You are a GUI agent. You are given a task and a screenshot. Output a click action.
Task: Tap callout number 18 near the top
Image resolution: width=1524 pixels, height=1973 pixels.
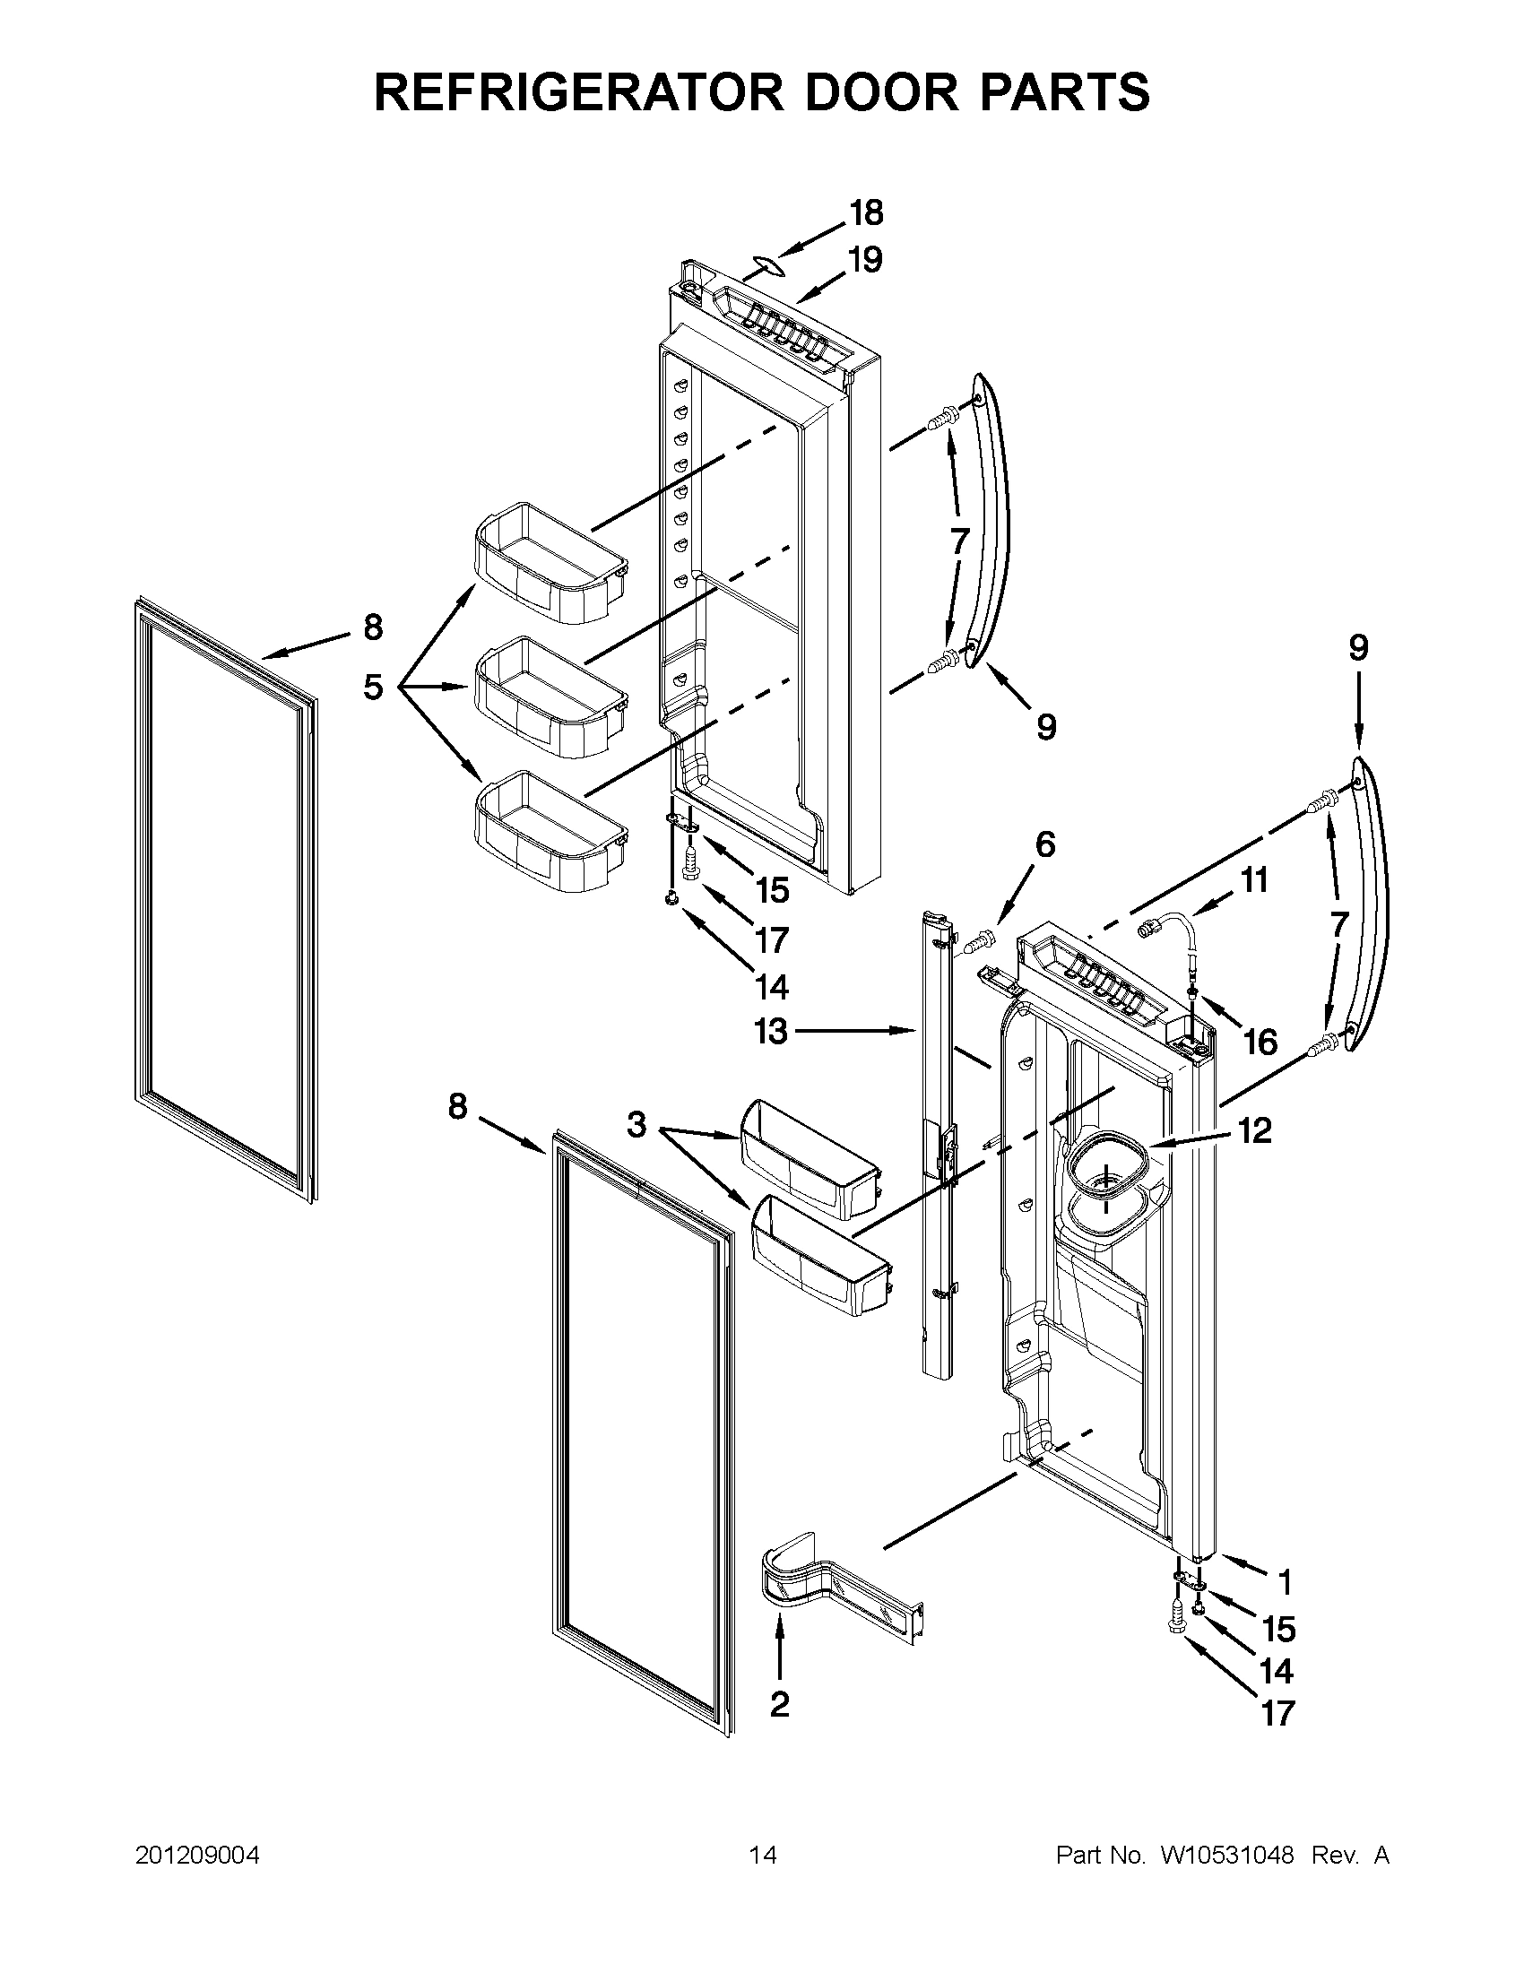pyautogui.click(x=865, y=214)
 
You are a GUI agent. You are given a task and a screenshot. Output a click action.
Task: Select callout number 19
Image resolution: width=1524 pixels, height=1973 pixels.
pyautogui.click(x=865, y=261)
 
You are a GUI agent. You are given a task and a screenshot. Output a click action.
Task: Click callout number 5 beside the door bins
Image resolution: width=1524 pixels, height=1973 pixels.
pyautogui.click(x=373, y=687)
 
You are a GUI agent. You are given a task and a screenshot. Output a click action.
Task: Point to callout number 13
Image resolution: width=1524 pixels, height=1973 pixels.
pyautogui.click(x=772, y=1031)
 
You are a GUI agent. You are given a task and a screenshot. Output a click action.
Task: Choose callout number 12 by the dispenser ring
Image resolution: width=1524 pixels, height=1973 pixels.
pyautogui.click(x=1255, y=1130)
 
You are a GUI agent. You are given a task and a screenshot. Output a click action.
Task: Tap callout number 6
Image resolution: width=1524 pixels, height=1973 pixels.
pyautogui.click(x=1044, y=844)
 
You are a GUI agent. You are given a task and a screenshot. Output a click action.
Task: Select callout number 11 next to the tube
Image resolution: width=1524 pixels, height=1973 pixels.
pyautogui.click(x=1254, y=880)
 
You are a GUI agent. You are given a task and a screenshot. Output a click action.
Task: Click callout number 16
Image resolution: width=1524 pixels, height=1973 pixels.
pyautogui.click(x=1260, y=1043)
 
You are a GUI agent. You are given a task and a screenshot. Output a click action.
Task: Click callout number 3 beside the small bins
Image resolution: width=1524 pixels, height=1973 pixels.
pyautogui.click(x=636, y=1126)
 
